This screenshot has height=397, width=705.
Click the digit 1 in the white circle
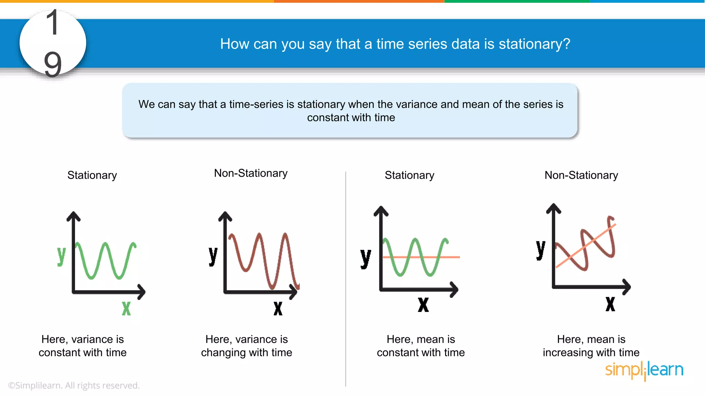click(53, 23)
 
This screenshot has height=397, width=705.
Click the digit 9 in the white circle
click(53, 64)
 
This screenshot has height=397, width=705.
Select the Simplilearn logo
click(644, 370)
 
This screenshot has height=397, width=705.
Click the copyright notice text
click(74, 385)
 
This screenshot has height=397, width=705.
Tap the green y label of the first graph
click(61, 256)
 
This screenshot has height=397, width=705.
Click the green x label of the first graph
click(126, 308)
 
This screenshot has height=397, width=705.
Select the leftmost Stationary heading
click(92, 175)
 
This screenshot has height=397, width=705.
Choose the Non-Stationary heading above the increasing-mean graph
click(581, 175)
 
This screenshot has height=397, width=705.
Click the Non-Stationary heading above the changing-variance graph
click(251, 173)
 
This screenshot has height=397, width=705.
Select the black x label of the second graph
click(278, 308)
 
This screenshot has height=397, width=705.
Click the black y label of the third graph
click(366, 258)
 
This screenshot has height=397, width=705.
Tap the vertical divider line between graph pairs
click(346, 276)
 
